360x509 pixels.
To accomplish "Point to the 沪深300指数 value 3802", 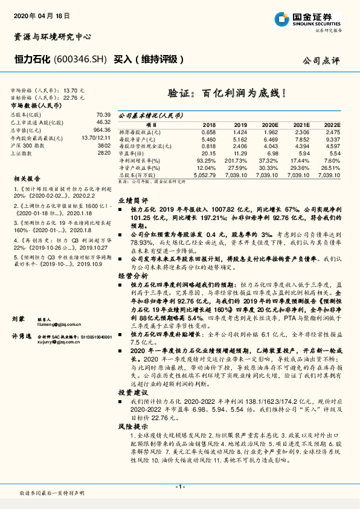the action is (104, 145).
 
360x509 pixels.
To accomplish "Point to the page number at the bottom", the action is (179, 486).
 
